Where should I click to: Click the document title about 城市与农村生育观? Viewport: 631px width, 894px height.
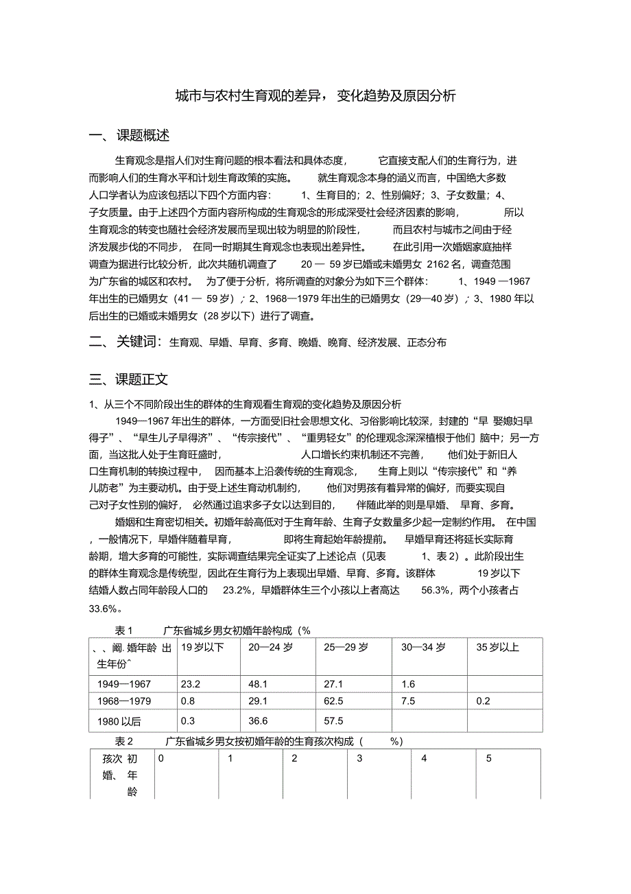click(315, 96)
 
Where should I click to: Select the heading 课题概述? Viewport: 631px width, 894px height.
click(143, 136)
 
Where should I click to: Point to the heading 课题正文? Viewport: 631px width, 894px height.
click(142, 379)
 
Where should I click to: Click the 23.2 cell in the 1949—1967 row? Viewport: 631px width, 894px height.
click(190, 684)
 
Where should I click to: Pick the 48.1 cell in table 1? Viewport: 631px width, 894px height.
click(258, 684)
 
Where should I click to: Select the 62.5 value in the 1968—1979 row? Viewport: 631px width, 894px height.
click(333, 701)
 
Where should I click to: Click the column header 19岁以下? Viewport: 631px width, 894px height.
click(202, 647)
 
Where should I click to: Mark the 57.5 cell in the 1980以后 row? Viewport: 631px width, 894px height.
click(333, 720)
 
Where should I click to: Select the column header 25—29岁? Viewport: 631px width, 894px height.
click(346, 647)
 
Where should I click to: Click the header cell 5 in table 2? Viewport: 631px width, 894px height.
click(489, 759)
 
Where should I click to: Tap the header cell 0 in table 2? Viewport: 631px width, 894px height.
click(161, 759)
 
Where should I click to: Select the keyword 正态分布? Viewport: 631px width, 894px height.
click(427, 342)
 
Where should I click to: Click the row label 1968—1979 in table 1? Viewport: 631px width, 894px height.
click(124, 701)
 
